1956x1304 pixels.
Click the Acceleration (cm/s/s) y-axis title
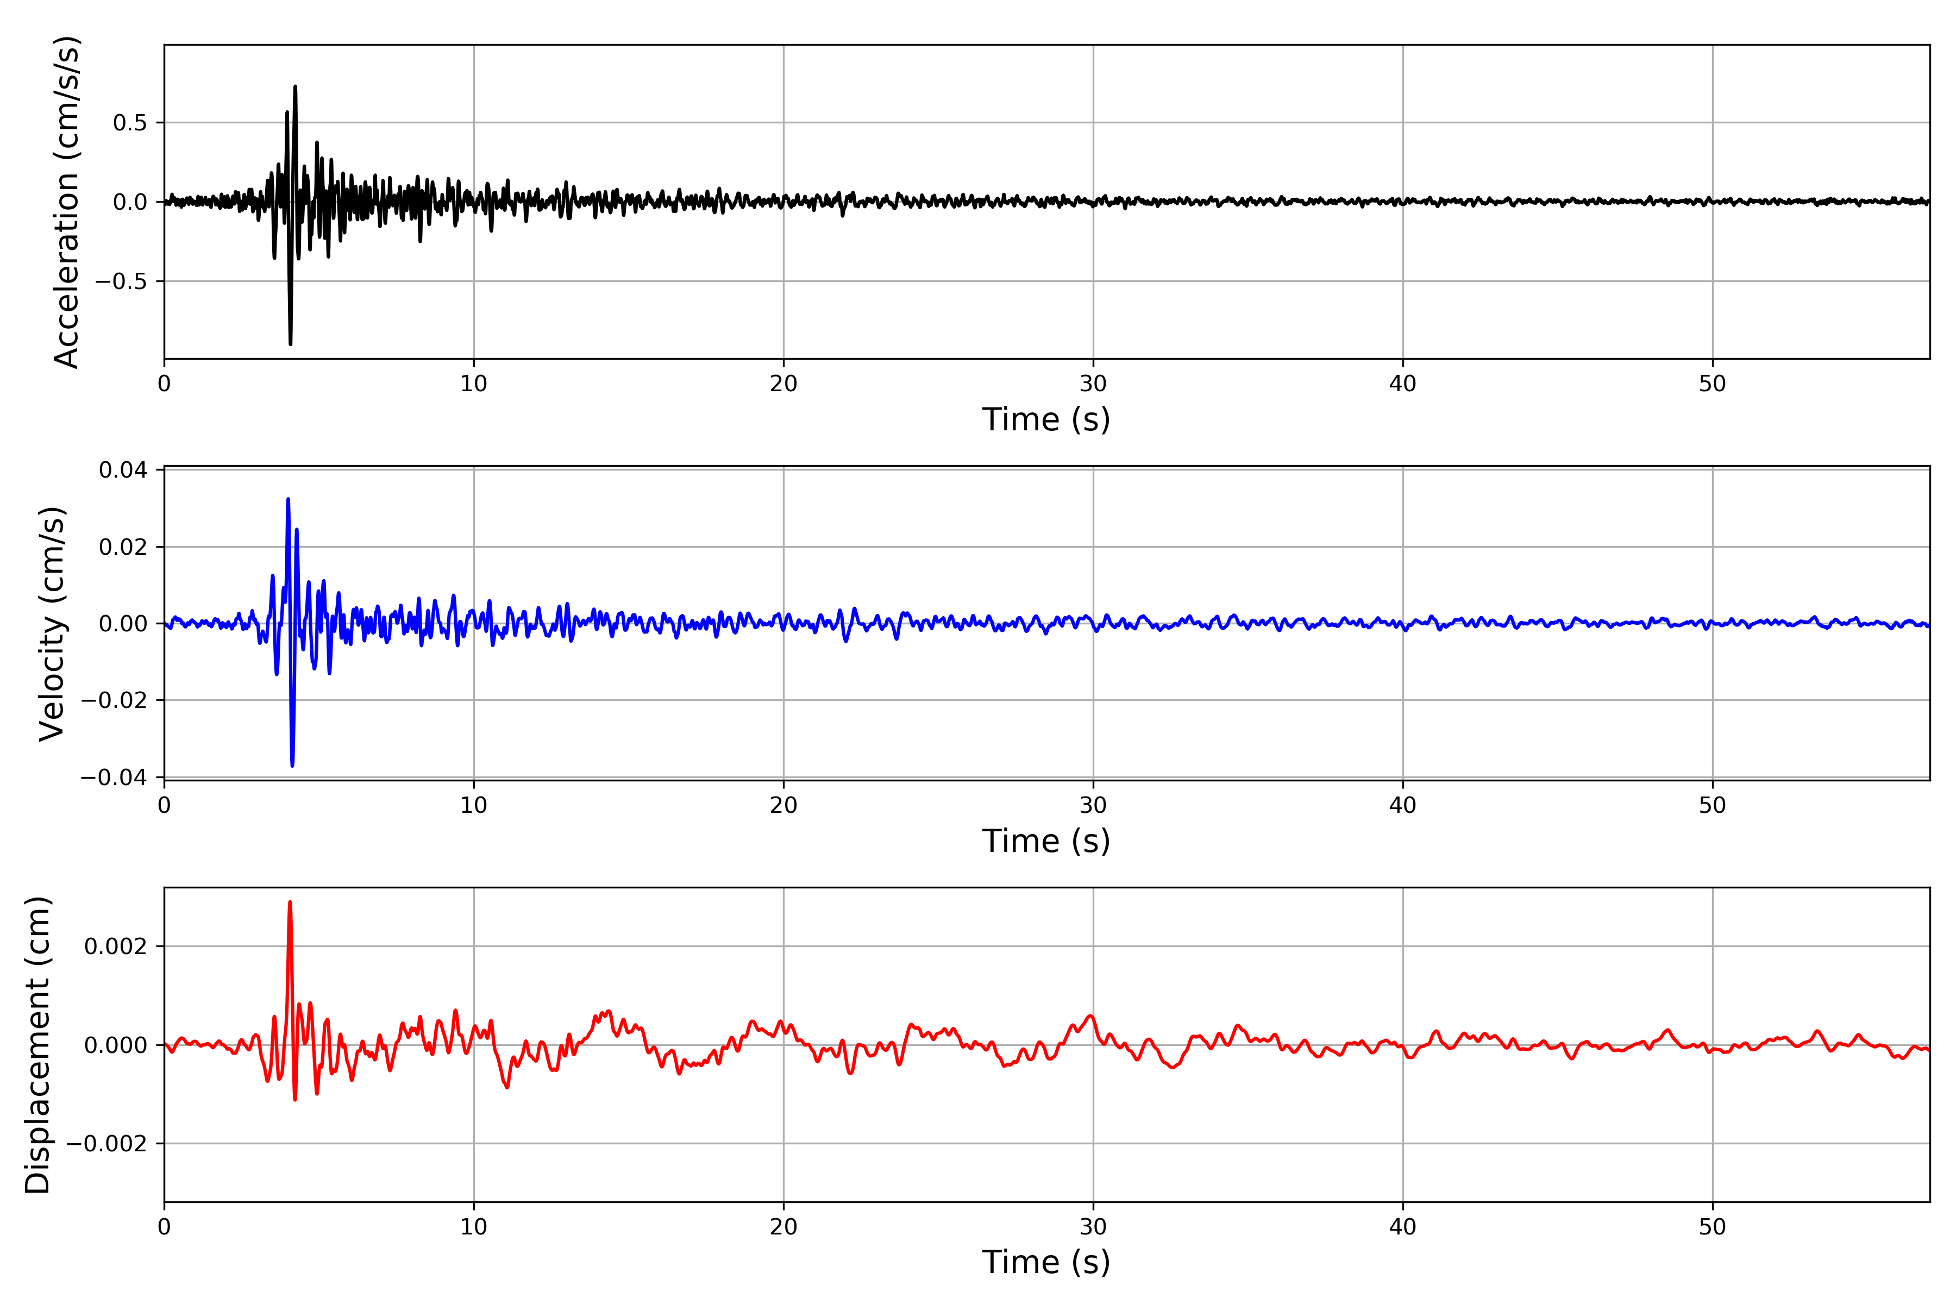(66, 202)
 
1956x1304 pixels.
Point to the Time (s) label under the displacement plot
(1045, 1262)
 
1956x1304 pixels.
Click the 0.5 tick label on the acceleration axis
(130, 123)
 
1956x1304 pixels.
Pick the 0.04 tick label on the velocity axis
(123, 471)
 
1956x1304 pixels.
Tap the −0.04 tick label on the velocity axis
(114, 778)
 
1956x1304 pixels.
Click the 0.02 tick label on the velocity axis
(123, 547)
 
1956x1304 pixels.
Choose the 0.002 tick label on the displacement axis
(116, 946)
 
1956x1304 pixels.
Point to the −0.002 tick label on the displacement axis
(106, 1144)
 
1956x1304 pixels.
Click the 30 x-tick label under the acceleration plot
(1093, 384)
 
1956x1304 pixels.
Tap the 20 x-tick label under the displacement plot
(783, 1227)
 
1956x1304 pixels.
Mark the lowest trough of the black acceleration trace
(290, 343)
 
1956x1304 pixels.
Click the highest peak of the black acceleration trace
(295, 86)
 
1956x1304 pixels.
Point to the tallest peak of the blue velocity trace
(288, 499)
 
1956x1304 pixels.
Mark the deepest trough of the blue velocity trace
(292, 765)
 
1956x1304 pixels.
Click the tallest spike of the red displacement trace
(290, 902)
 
